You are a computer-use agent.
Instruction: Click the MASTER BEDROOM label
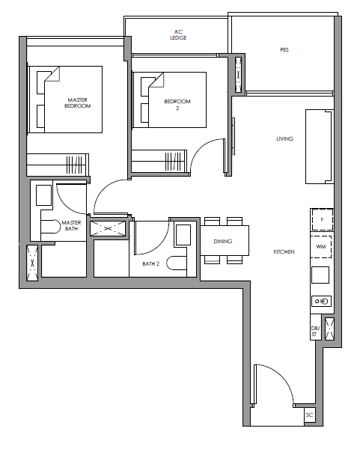[77, 103]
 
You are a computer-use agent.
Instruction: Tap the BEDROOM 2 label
[177, 105]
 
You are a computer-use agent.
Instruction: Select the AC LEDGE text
[178, 34]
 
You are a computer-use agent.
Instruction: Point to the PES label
[284, 50]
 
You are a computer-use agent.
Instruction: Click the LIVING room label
[284, 139]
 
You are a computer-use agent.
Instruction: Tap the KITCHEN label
[284, 252]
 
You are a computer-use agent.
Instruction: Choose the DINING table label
[222, 242]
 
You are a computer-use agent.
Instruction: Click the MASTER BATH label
[71, 226]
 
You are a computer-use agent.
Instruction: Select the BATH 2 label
[150, 263]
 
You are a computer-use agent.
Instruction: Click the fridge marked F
[322, 219]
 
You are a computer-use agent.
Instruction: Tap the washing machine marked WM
[321, 246]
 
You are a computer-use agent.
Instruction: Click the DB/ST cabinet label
[315, 332]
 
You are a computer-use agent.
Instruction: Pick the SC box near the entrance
[310, 415]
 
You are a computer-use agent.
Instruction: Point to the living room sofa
[320, 147]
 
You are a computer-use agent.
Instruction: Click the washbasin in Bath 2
[183, 235]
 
